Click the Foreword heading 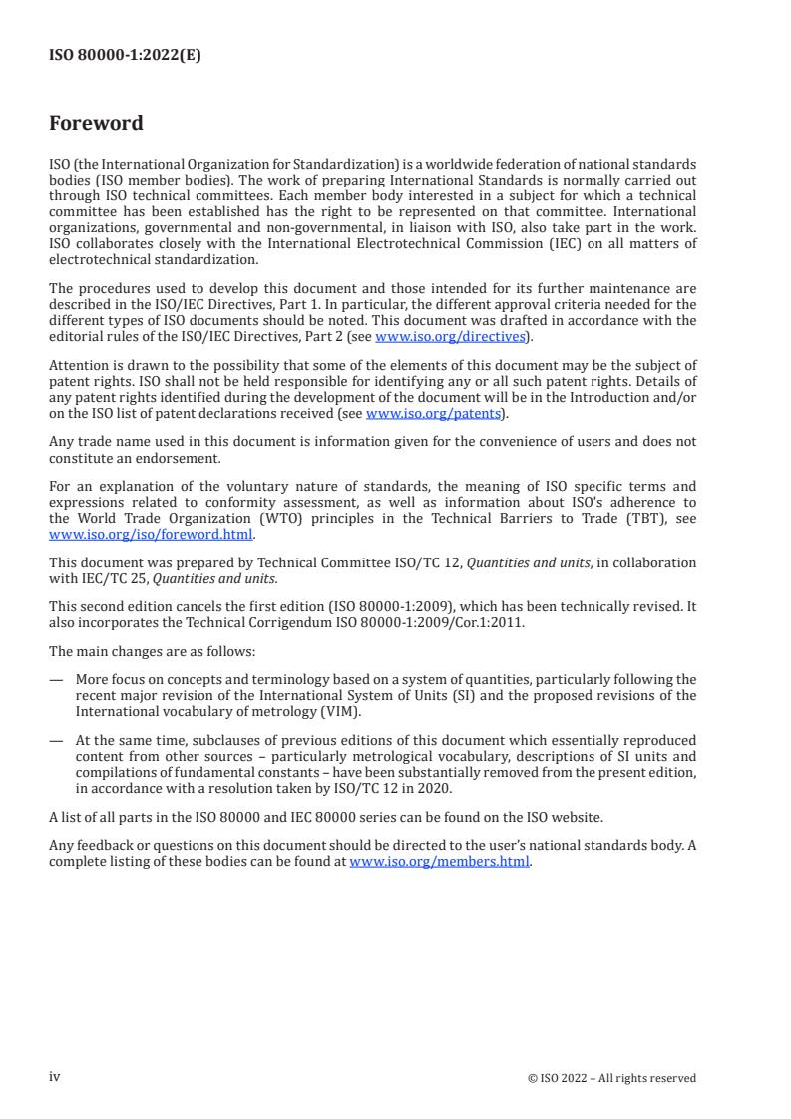[x=96, y=124]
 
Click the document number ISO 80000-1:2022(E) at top [x=125, y=56]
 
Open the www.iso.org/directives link [x=450, y=337]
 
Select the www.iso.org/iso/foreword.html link [x=152, y=534]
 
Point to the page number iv [x=55, y=1077]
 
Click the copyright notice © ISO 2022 [x=611, y=1078]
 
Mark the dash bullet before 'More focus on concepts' [x=56, y=680]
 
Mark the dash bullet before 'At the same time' [x=56, y=740]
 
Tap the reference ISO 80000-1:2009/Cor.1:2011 [x=430, y=623]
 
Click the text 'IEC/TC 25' [x=103, y=578]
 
